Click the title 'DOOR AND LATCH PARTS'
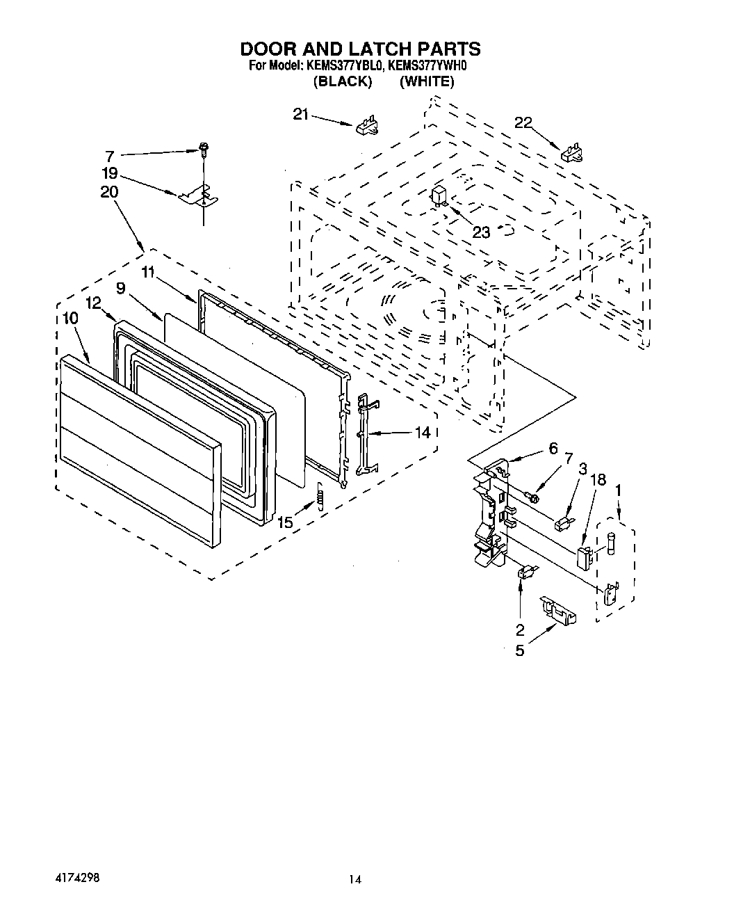360,49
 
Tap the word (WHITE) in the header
427,81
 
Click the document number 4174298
75,879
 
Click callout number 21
300,115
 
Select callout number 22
523,122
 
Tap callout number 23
481,232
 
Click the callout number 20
109,192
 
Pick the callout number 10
70,318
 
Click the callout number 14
423,432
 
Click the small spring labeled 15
320,496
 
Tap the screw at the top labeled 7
203,147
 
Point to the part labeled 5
558,610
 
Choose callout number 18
598,479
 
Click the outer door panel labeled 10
139,445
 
